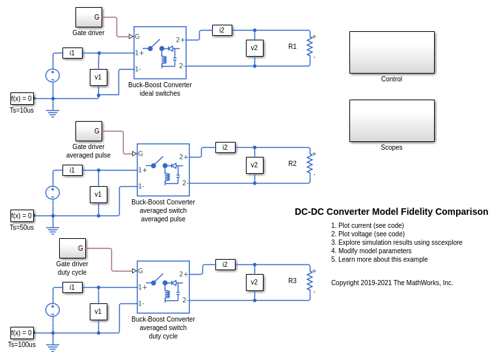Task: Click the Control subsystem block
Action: (x=392, y=52)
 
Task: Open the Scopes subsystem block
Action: (x=392, y=120)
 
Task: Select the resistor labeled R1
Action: (x=310, y=47)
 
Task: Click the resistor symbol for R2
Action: (x=310, y=164)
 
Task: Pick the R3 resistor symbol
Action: (x=310, y=281)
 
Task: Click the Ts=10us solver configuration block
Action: (x=21, y=99)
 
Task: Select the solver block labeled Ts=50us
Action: (x=21, y=216)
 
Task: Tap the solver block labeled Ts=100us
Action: (x=21, y=333)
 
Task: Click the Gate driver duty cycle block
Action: (x=72, y=248)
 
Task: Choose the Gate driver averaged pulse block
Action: (x=88, y=131)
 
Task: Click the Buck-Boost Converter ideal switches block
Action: (x=160, y=53)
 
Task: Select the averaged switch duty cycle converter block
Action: (x=163, y=287)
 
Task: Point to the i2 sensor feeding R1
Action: (x=222, y=30)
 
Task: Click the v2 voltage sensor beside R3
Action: (x=254, y=282)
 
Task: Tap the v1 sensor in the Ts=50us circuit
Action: (x=98, y=194)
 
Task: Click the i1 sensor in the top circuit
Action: (x=72, y=53)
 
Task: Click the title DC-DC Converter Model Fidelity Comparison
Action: (x=391, y=212)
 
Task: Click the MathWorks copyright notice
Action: (x=392, y=283)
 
